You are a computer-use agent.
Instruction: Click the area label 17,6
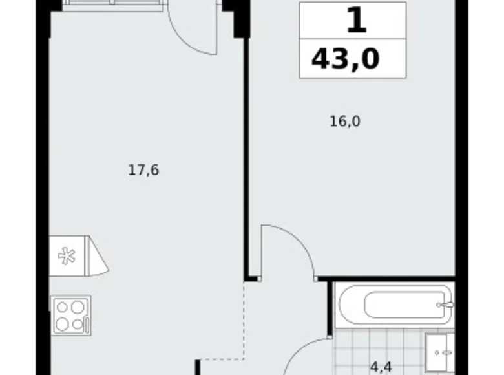(x=143, y=170)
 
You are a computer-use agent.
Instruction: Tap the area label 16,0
(x=345, y=122)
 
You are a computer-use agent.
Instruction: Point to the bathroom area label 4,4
(x=381, y=367)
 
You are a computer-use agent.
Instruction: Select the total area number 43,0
(x=346, y=59)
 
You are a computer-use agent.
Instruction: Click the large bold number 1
(x=357, y=20)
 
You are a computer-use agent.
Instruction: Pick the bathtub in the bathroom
(x=396, y=305)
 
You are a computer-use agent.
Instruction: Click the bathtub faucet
(x=445, y=305)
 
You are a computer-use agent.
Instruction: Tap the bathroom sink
(x=439, y=352)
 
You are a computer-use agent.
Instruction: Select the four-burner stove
(x=70, y=316)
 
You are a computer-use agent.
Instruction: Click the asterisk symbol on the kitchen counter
(x=67, y=256)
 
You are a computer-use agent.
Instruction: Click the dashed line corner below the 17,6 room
(x=244, y=359)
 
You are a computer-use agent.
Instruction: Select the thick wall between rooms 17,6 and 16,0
(x=247, y=158)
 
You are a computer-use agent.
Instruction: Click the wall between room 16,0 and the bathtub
(x=386, y=279)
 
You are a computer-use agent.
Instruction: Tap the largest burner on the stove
(x=78, y=307)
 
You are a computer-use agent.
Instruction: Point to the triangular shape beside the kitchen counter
(x=98, y=256)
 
